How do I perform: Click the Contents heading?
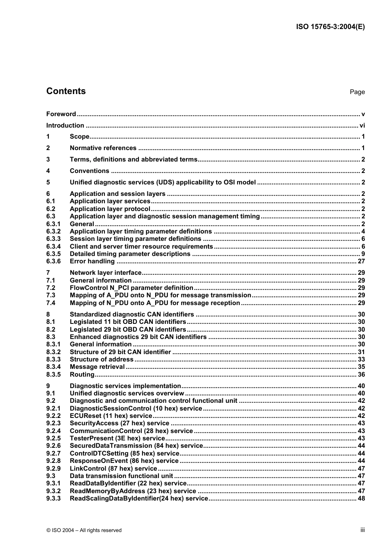click(x=66, y=91)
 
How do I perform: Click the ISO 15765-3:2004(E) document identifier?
click(x=330, y=27)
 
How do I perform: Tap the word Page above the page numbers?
click(x=357, y=92)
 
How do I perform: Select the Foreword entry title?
click(x=61, y=114)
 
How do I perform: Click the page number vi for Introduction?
click(x=362, y=126)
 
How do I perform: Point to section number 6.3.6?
click(x=53, y=261)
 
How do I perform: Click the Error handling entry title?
click(x=92, y=261)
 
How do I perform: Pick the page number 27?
click(x=361, y=261)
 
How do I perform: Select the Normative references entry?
click(x=103, y=148)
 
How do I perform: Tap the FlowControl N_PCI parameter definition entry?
click(x=131, y=288)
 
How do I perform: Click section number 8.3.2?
click(x=53, y=352)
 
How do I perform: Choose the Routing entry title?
click(x=82, y=375)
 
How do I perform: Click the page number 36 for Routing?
click(x=361, y=375)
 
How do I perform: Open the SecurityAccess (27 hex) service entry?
click(x=119, y=423)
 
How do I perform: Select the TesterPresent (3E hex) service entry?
click(x=117, y=438)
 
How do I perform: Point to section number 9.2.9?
click(x=53, y=469)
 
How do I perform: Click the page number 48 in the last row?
click(x=361, y=498)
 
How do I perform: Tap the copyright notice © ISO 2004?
click(x=84, y=530)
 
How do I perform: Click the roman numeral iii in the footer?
click(x=362, y=530)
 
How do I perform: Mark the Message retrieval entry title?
click(x=97, y=367)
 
